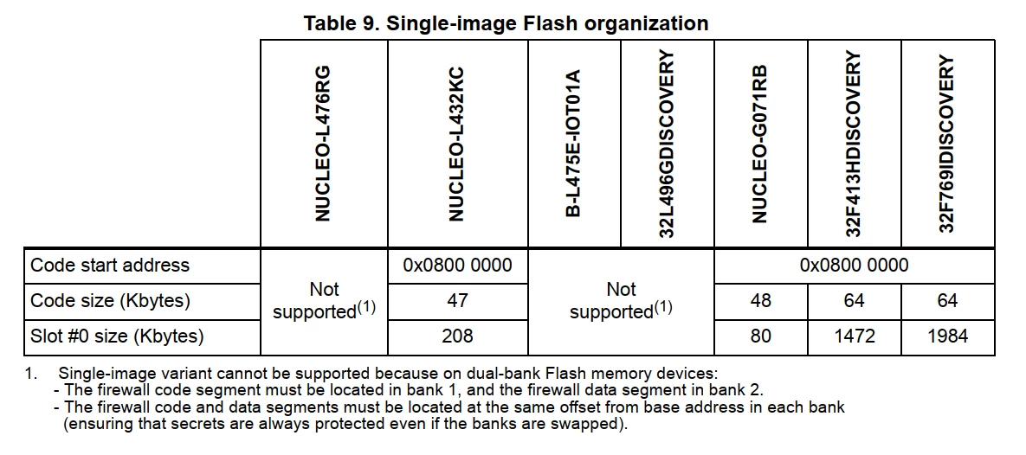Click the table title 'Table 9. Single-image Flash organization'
tap(506, 23)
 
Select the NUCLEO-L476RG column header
tap(323, 144)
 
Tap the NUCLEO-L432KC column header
tap(457, 144)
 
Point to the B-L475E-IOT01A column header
tap(573, 144)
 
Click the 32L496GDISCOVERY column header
tap(668, 144)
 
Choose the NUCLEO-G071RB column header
tap(759, 144)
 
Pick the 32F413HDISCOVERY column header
tap(853, 144)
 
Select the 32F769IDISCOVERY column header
tap(946, 144)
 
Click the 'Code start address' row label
tap(110, 266)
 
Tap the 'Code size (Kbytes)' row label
tap(111, 301)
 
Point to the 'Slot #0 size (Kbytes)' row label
tap(117, 336)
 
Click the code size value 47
tap(457, 301)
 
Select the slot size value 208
tap(457, 336)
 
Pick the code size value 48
tap(759, 301)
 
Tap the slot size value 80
tap(759, 336)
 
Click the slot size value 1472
tap(854, 336)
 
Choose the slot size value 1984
tap(947, 336)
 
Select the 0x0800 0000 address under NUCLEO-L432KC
tap(457, 266)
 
